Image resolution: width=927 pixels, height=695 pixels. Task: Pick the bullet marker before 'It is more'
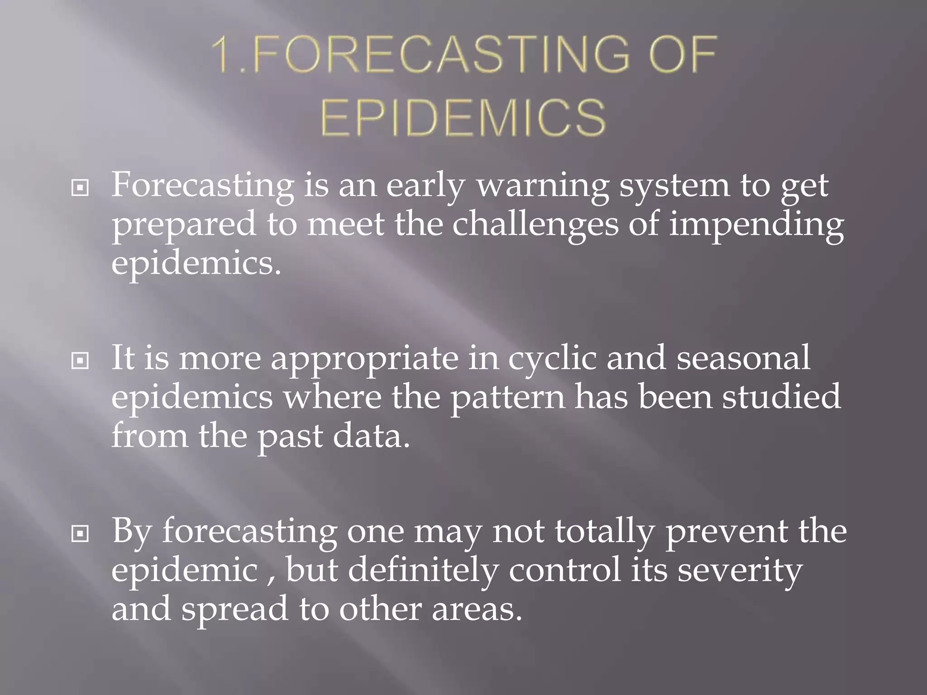80,361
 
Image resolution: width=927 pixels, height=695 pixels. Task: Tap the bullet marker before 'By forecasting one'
80,534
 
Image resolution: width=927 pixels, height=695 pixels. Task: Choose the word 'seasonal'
743,357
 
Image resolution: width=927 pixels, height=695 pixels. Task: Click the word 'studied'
781,396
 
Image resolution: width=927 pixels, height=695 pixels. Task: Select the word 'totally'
604,533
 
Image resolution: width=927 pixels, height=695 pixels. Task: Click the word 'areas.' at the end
477,609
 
